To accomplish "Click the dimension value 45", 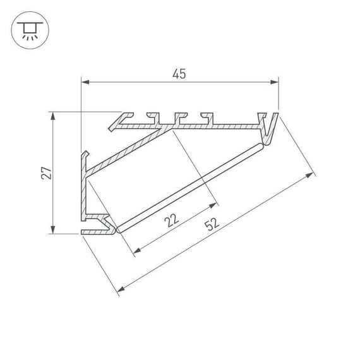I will point(180,74).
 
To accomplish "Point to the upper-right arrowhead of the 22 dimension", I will point(215,205).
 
